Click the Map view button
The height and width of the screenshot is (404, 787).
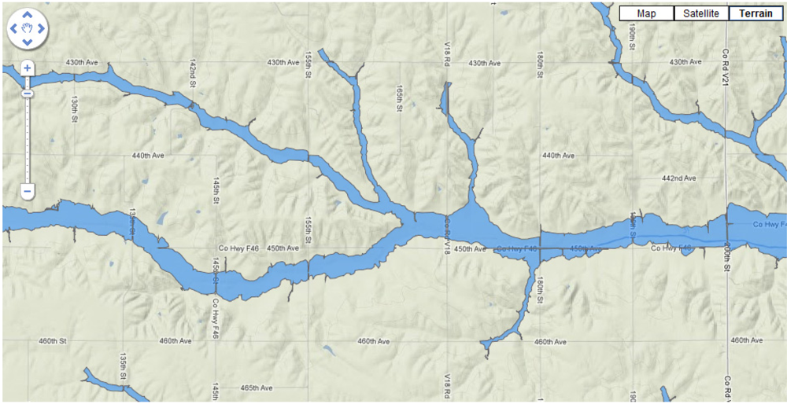coord(646,13)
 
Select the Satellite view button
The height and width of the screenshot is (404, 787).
coord(701,13)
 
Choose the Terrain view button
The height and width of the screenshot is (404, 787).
coord(756,13)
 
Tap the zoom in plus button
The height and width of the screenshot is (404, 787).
coord(27,68)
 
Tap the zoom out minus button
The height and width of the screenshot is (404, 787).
coord(27,191)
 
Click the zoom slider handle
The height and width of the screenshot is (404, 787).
coord(27,94)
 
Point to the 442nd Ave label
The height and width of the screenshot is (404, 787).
coord(678,178)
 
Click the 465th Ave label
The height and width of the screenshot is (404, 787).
coord(256,388)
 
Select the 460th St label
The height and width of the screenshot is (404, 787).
coord(54,341)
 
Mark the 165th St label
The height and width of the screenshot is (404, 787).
coord(400,101)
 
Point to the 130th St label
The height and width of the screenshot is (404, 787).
coord(74,109)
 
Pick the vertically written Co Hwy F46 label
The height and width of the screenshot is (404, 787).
coord(214,318)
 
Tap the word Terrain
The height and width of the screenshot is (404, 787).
coord(756,13)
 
